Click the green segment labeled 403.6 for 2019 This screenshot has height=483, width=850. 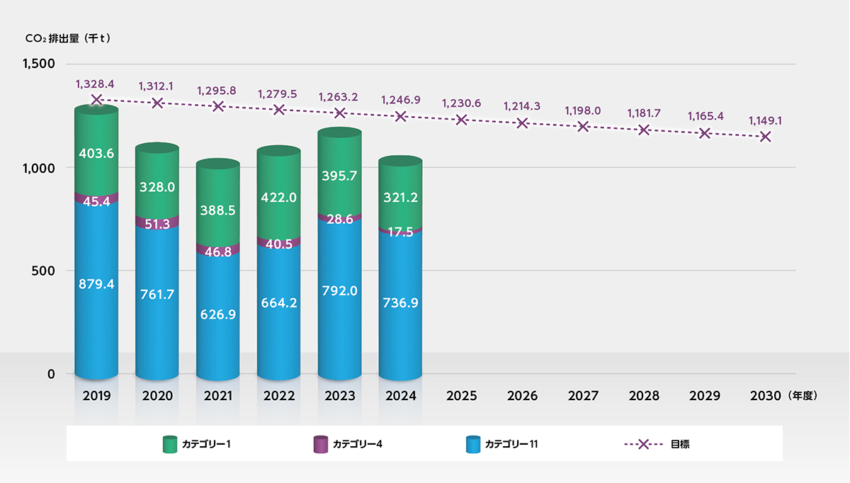pyautogui.click(x=96, y=152)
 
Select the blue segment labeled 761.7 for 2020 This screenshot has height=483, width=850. pyautogui.click(x=157, y=297)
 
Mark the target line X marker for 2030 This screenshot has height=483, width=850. pyautogui.click(x=766, y=136)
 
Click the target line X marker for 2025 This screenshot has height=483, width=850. pyautogui.click(x=462, y=119)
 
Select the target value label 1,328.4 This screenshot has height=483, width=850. pyautogui.click(x=96, y=84)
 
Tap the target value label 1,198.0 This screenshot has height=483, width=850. pyautogui.click(x=583, y=111)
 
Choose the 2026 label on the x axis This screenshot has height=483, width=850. pyautogui.click(x=523, y=395)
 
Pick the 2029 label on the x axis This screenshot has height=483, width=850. pyautogui.click(x=705, y=395)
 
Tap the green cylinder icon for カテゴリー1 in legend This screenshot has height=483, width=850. pyautogui.click(x=170, y=444)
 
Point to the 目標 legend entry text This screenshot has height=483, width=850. pyautogui.click(x=680, y=444)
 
